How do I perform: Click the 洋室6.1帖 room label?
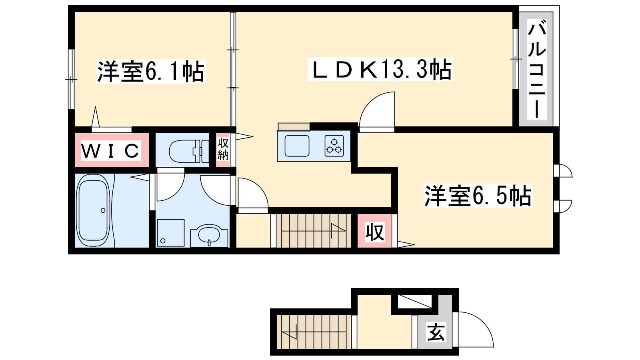coord(151,72)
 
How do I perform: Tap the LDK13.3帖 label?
coord(380,70)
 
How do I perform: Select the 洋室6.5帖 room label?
coord(478,196)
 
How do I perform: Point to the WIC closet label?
coord(110,150)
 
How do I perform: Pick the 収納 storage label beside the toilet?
coord(223,149)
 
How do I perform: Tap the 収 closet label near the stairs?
coord(374,232)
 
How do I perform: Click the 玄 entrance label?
coord(436,332)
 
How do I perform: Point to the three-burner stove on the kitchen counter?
coord(334,146)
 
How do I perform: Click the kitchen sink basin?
coord(297,146)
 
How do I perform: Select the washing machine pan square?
coord(170,232)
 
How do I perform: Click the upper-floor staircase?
coord(314,231)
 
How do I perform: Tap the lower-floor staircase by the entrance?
coord(314,332)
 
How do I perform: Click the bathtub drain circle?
coord(103,210)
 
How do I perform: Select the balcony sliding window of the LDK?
coord(516,59)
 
